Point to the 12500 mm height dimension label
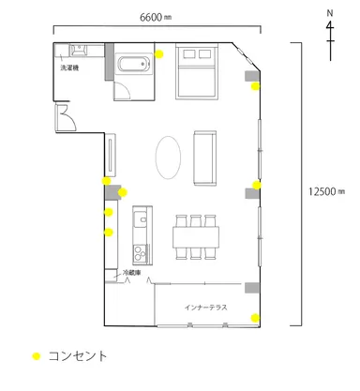[x=327, y=190]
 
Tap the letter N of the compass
[x=329, y=13]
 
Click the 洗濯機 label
[x=71, y=68]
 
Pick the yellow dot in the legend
[x=37, y=356]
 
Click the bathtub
[x=132, y=66]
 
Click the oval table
[x=168, y=157]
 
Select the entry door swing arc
[x=66, y=117]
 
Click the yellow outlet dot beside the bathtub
[x=159, y=53]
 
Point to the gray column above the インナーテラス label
[x=252, y=288]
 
